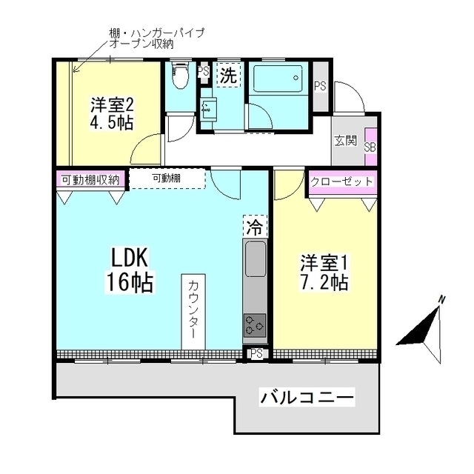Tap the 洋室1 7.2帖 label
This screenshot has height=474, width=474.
coord(324,273)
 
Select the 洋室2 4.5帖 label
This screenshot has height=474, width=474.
coord(113,113)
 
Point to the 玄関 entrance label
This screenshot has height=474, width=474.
coord(344,141)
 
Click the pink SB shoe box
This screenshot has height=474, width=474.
coord(370,147)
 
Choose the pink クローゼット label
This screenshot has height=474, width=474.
coord(341,182)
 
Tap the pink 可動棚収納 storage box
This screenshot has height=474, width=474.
coord(90,180)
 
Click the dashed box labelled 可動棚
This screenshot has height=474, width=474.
coord(167,178)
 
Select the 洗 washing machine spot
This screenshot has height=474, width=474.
coord(229,75)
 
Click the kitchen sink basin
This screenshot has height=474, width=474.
coord(254,260)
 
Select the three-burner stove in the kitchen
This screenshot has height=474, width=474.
coord(254,324)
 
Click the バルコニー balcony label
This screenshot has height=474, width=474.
coord(307,398)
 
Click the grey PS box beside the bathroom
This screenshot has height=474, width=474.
coord(320,86)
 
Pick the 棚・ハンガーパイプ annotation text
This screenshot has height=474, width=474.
coord(156,33)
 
